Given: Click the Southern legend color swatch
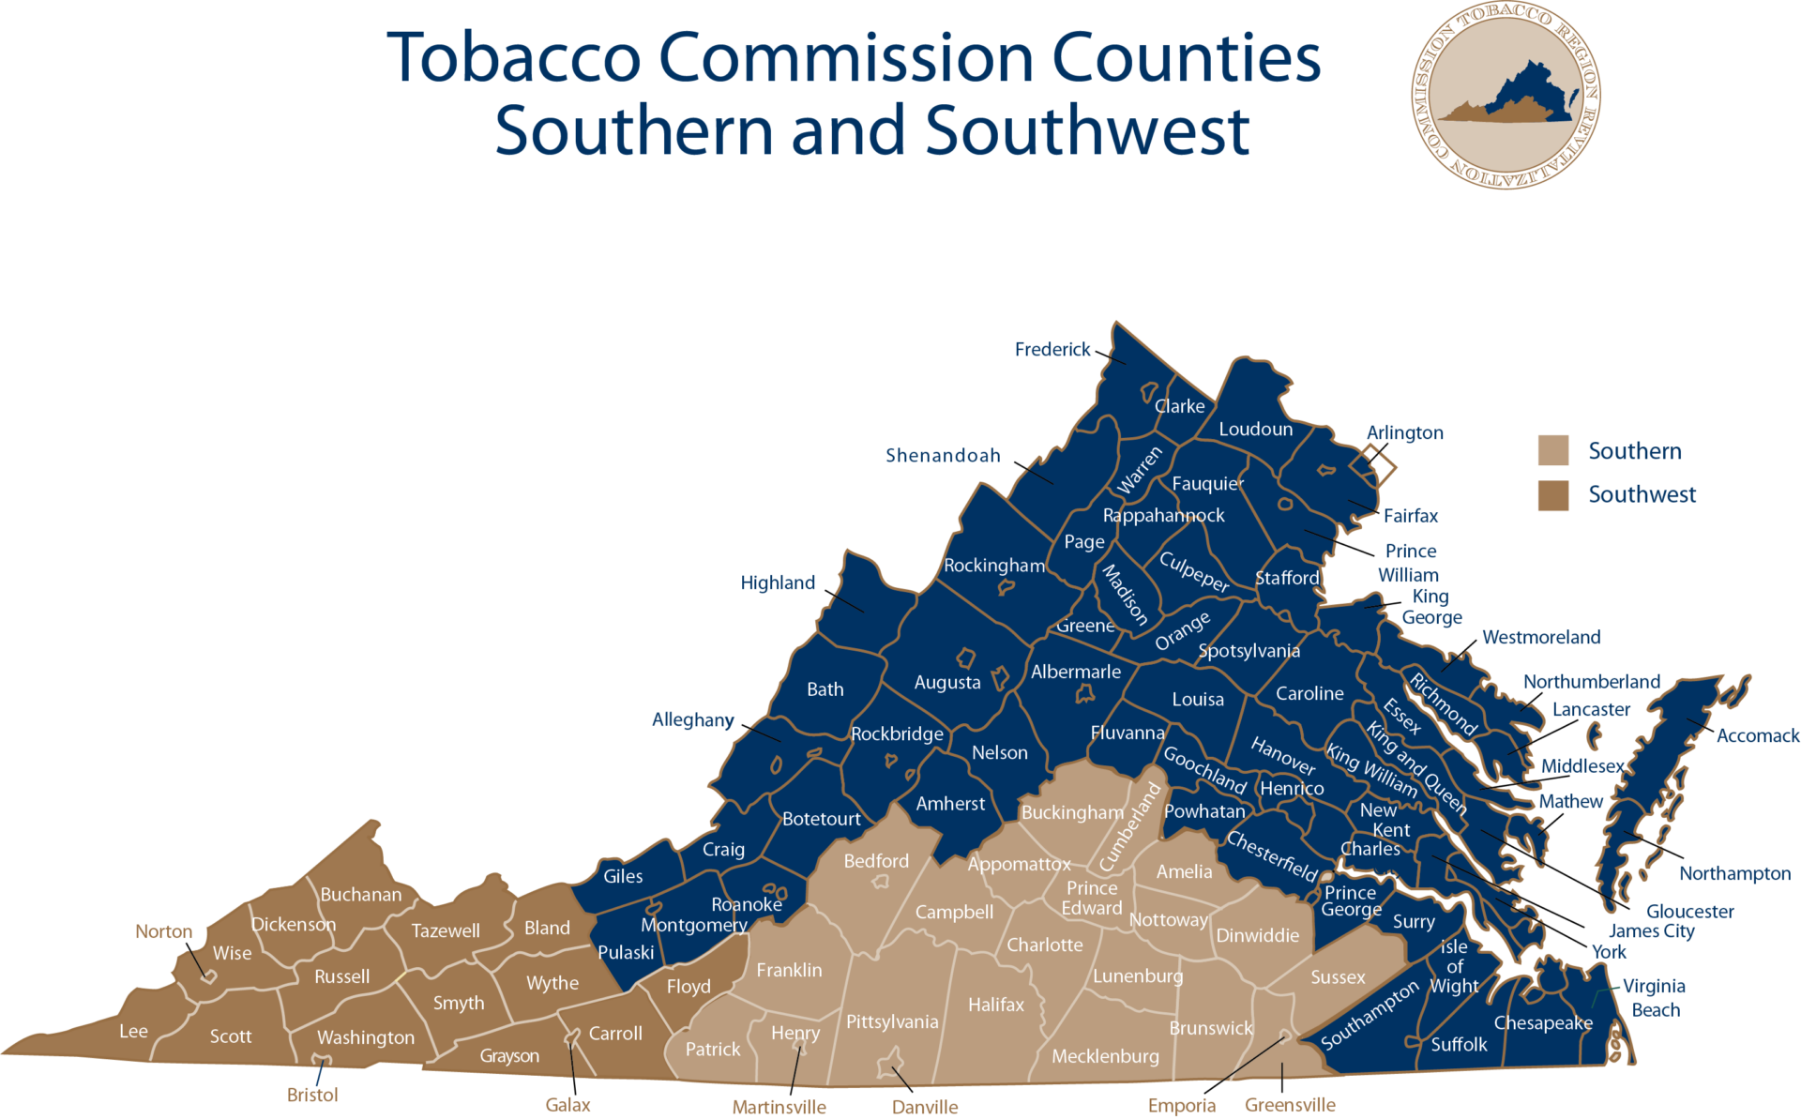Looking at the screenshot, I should [x=1552, y=450].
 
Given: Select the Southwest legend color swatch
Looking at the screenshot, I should [x=1552, y=494].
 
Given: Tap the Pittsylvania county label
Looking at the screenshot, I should [x=891, y=1021].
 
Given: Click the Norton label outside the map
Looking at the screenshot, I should [x=163, y=931].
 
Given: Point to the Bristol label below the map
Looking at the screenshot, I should [x=312, y=1095].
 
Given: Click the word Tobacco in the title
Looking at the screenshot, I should [x=513, y=58].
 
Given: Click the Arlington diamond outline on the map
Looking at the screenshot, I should [x=1378, y=464].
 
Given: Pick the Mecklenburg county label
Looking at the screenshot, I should [x=1105, y=1056].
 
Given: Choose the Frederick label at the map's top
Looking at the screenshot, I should [x=1052, y=350].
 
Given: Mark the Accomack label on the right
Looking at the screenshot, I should [x=1757, y=736].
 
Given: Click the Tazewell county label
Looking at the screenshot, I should [x=446, y=930].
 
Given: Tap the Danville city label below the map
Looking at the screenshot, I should [x=925, y=1107].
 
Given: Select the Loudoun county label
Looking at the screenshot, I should [x=1255, y=430].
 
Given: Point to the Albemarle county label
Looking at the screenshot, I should [x=1075, y=672].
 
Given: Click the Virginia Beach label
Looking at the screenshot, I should [x=1655, y=998].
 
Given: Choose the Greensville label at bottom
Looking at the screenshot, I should [x=1290, y=1105].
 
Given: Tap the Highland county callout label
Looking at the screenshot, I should [x=778, y=582].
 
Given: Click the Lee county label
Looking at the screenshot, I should [x=133, y=1031].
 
